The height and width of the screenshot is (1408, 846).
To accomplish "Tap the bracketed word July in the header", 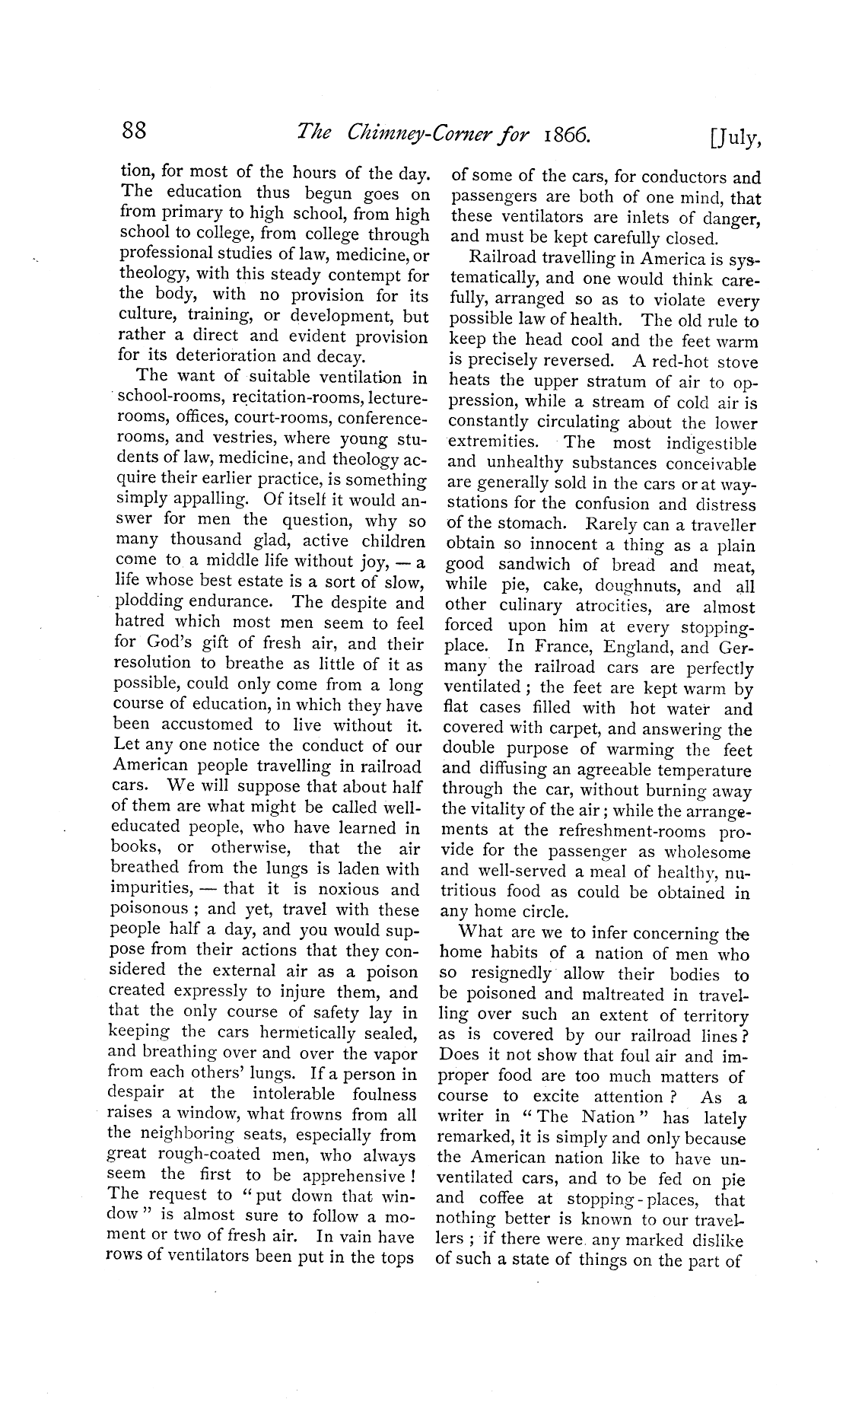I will coord(734,137).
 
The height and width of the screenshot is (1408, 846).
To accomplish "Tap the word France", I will coord(561,648).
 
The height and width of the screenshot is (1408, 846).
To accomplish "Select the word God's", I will coord(177,644).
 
